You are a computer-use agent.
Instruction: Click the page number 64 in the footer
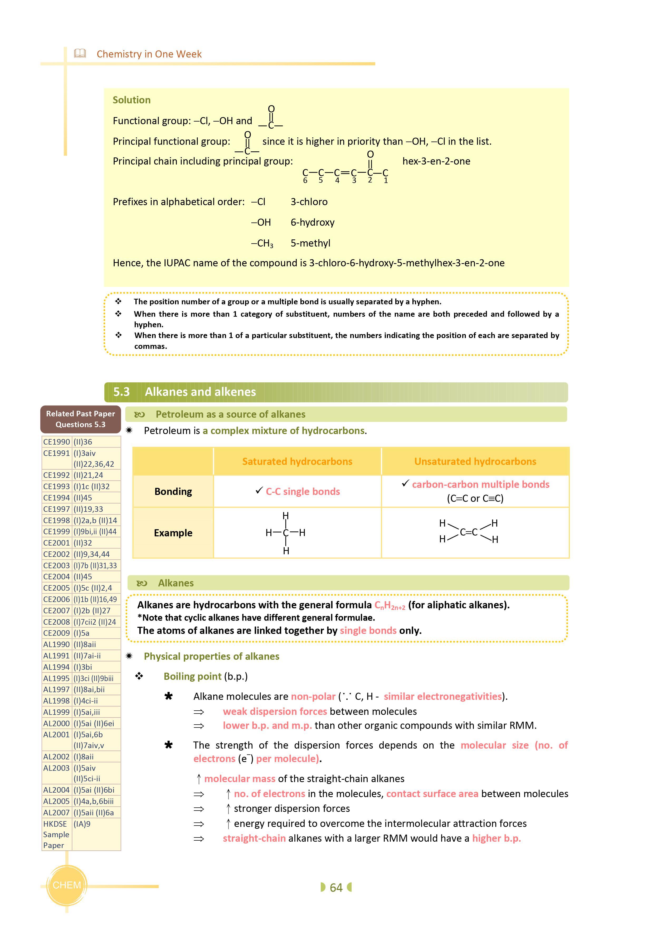[336, 887]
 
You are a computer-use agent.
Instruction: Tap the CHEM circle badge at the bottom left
[67, 885]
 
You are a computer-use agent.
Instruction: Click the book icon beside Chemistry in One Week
[80, 54]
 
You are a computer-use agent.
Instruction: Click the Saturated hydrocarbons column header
[297, 461]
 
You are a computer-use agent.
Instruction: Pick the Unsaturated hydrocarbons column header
[475, 461]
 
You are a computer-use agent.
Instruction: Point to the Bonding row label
[173, 492]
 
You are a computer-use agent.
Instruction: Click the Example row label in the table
[173, 533]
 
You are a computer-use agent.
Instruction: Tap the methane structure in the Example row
[285, 533]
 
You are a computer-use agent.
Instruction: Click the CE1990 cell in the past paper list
[57, 442]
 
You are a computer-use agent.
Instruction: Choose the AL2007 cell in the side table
[57, 812]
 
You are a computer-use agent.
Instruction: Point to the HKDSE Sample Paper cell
[57, 834]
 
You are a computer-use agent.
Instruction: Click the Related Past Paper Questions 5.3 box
[80, 419]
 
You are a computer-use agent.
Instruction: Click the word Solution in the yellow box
[132, 100]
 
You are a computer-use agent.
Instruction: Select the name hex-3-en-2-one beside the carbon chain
[436, 161]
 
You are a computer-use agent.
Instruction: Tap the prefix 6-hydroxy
[312, 222]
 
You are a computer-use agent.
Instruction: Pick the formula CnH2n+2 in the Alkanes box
[389, 605]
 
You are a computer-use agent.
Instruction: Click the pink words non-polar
[313, 696]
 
